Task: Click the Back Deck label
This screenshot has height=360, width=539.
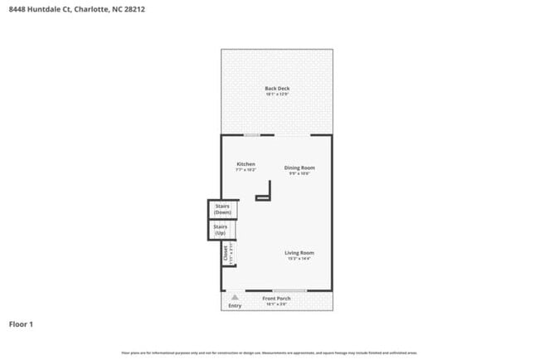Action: (276, 89)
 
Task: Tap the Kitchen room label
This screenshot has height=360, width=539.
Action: (245, 164)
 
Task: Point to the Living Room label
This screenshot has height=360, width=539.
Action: (299, 253)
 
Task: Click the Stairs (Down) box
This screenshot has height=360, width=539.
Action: (222, 209)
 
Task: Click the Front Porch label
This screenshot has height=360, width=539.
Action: (275, 299)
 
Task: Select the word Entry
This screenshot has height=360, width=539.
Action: (236, 305)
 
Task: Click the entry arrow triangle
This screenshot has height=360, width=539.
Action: (236, 296)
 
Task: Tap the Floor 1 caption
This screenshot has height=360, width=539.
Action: (21, 324)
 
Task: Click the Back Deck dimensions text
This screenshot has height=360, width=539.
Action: (276, 95)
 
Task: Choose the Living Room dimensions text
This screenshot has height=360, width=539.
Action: (299, 259)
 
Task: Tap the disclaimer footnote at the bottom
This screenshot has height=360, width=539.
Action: (269, 353)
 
